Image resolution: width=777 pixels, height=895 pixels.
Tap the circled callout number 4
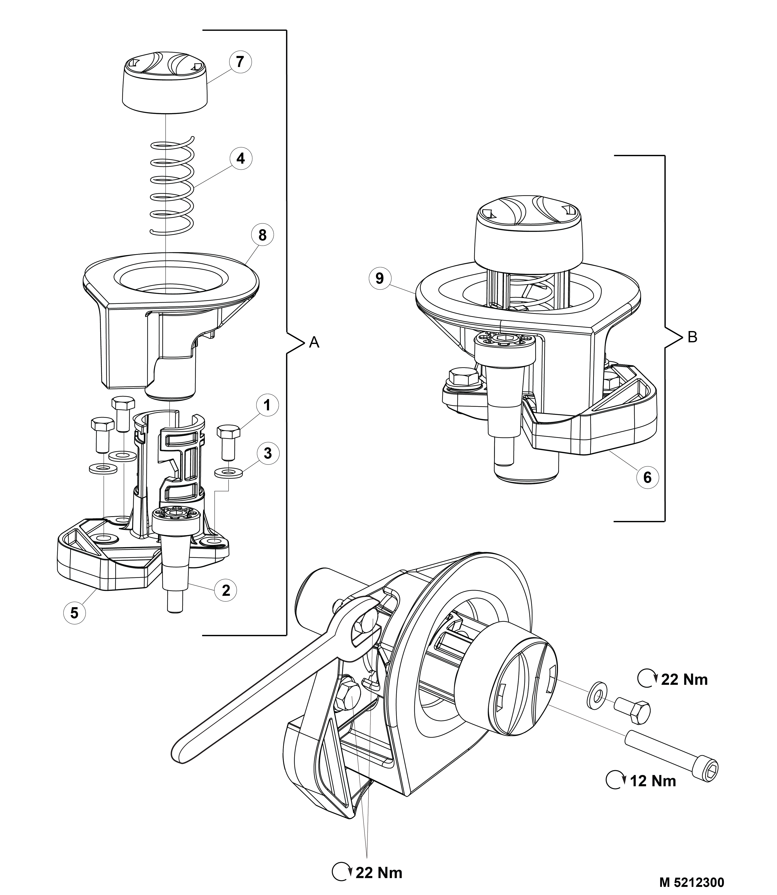[241, 159]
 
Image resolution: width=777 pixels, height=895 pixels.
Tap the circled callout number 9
[380, 278]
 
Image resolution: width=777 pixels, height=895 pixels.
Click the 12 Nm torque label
[653, 781]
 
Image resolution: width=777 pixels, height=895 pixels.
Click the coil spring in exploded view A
[172, 186]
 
